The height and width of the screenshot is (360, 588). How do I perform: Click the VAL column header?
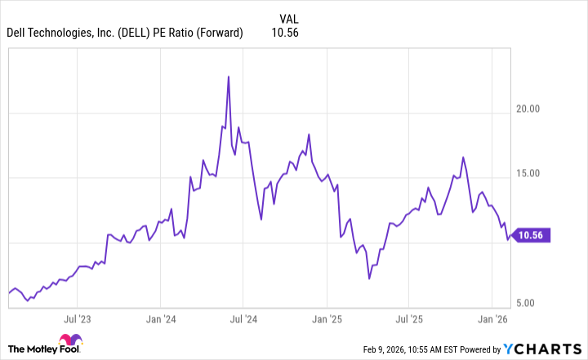(x=288, y=18)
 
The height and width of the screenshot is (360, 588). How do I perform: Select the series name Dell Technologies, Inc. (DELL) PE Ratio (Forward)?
(x=125, y=33)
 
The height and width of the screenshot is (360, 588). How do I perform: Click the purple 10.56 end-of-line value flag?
(x=536, y=236)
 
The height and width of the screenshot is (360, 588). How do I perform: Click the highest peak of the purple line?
(x=229, y=77)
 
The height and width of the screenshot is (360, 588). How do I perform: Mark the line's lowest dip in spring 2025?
(x=369, y=278)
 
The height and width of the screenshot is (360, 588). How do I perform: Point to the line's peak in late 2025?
(x=463, y=157)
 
